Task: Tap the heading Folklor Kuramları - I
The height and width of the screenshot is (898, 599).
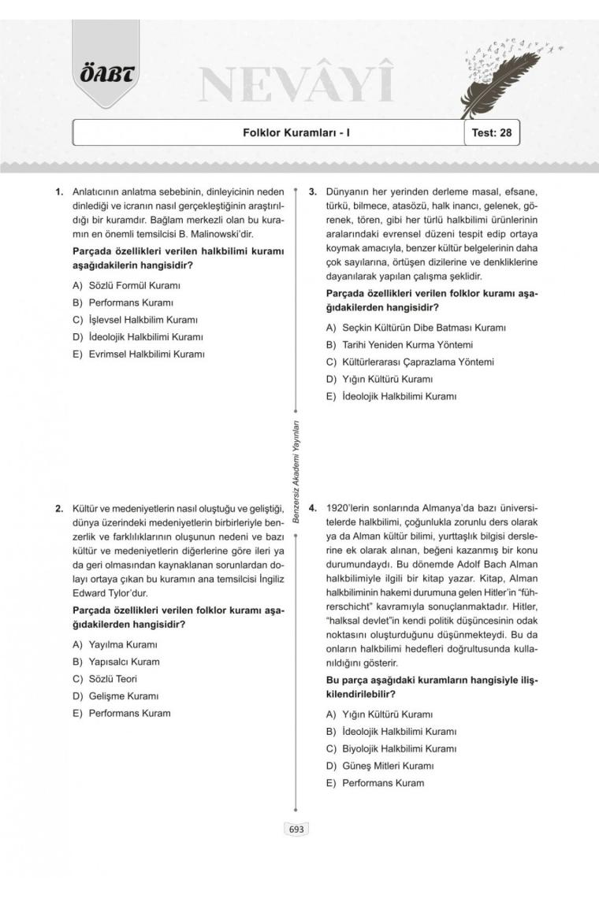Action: pos(296,133)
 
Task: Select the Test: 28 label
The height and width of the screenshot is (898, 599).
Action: pos(491,133)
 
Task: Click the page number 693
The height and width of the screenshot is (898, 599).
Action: pos(296,829)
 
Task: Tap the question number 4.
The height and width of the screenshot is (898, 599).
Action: pos(313,508)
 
